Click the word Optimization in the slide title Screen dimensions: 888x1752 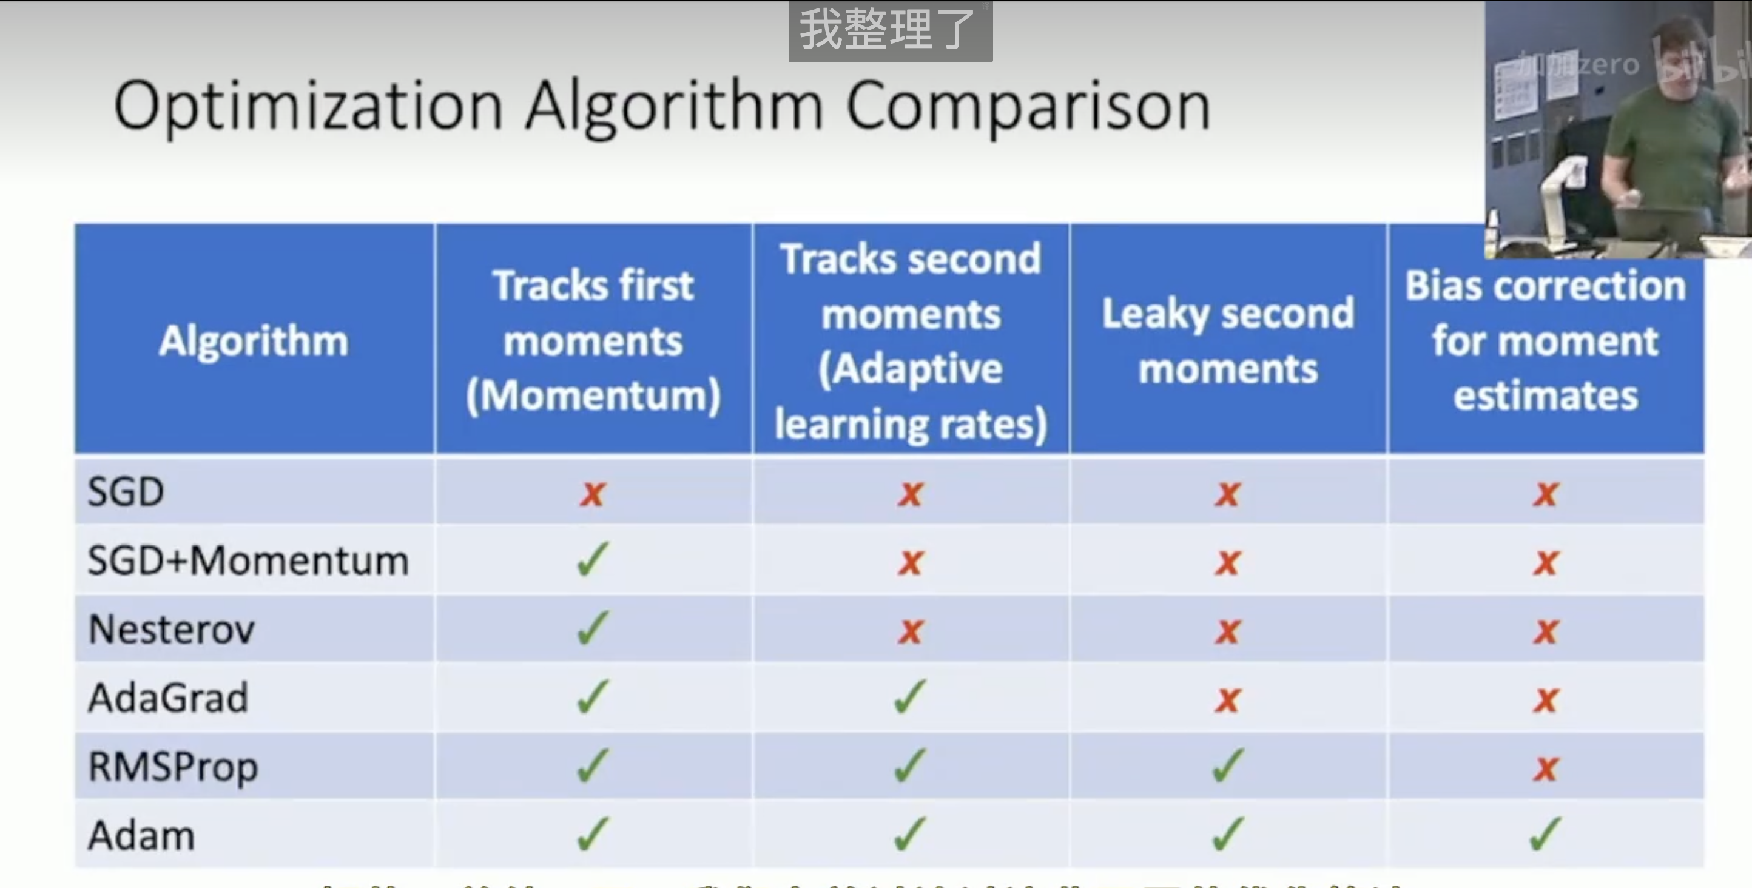(x=308, y=106)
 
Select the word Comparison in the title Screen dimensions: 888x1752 (x=1028, y=106)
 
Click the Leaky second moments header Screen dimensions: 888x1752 (x=1228, y=341)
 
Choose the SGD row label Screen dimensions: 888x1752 (x=126, y=491)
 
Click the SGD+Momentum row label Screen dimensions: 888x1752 (x=248, y=561)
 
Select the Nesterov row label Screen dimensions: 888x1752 (x=172, y=630)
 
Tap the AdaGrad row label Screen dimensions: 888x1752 (x=168, y=698)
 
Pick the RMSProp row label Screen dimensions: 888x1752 (x=173, y=767)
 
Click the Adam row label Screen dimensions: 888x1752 (x=141, y=836)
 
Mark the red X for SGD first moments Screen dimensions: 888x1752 (x=592, y=494)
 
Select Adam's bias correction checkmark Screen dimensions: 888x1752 (x=1545, y=833)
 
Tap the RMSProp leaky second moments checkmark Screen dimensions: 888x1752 (x=1228, y=765)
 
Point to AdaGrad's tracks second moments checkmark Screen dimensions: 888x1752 (x=910, y=696)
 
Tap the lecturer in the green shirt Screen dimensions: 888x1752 (x=1666, y=136)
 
